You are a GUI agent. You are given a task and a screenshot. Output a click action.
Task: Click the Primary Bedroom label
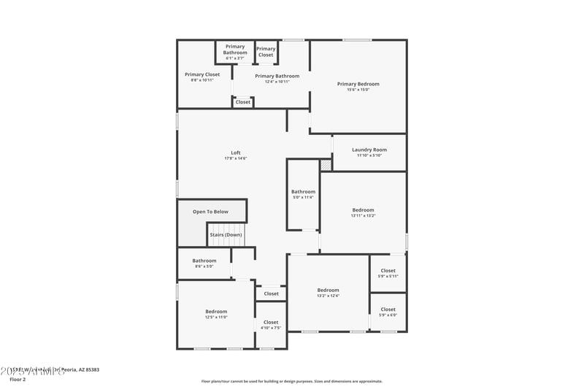358,84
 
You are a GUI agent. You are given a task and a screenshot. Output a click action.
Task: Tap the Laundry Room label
369,150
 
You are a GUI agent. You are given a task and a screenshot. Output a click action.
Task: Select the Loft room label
235,153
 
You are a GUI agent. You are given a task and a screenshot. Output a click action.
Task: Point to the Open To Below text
210,212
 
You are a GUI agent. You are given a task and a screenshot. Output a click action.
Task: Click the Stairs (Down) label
226,235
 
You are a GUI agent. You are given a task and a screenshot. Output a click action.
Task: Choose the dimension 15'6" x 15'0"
358,90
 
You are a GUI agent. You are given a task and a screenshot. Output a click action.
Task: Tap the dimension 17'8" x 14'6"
235,158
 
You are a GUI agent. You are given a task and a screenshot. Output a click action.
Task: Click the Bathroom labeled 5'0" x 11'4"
303,191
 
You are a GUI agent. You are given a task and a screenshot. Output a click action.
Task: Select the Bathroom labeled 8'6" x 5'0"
204,261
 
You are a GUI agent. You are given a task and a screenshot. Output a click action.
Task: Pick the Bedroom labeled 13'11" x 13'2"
363,210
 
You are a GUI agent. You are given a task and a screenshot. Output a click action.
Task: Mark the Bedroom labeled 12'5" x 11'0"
216,312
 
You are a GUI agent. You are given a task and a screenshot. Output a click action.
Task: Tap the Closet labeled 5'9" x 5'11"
388,271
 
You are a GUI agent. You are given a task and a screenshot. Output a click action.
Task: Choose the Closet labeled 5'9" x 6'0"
388,309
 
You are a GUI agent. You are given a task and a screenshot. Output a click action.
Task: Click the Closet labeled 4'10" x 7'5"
271,322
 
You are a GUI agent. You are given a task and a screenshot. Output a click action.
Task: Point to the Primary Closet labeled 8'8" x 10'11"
202,74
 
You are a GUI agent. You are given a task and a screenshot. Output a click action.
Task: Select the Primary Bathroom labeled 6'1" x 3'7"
235,50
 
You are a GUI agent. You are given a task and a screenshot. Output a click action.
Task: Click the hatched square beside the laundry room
326,165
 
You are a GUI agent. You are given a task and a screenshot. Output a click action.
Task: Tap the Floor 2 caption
18,380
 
